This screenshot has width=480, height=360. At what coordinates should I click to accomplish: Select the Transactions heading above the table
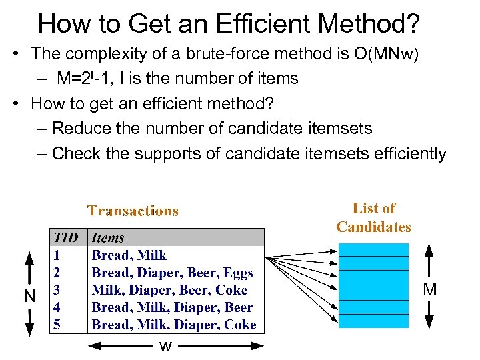click(133, 211)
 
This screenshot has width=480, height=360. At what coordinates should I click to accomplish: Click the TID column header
click(66, 237)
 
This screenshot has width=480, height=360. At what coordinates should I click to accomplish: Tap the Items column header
click(108, 237)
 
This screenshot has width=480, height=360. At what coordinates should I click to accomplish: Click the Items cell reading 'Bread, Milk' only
click(129, 255)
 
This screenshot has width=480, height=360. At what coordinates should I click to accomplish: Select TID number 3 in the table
click(58, 290)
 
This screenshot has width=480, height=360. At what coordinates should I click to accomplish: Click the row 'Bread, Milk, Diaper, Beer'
click(172, 307)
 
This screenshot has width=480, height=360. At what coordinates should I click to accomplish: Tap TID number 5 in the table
click(58, 325)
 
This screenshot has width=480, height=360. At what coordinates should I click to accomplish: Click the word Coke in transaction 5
click(241, 325)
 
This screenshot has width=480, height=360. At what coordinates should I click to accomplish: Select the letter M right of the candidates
click(430, 289)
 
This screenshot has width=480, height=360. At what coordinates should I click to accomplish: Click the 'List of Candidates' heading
click(373, 218)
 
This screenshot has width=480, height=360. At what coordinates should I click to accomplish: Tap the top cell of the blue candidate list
click(373, 249)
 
